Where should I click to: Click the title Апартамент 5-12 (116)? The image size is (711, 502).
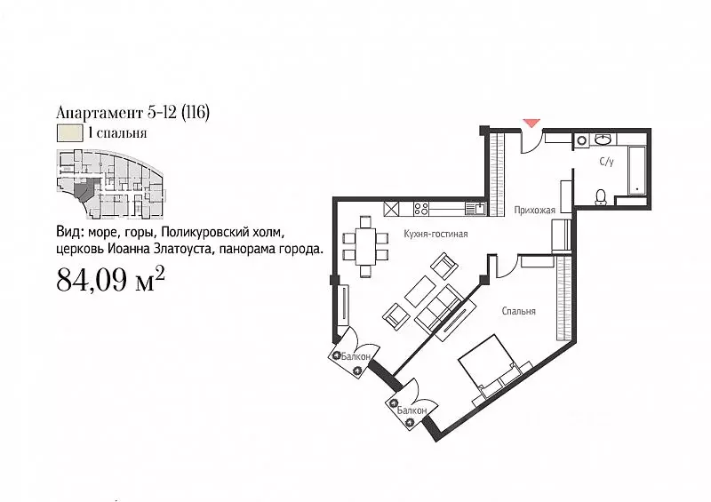click(132, 113)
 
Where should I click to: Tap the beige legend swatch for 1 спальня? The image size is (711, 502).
click(68, 134)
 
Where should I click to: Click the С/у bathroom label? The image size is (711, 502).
click(606, 162)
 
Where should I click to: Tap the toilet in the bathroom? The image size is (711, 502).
click(601, 195)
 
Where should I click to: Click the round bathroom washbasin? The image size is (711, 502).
click(603, 139)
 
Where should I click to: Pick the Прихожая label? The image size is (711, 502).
click(535, 211)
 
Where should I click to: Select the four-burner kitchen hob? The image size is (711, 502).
click(421, 209)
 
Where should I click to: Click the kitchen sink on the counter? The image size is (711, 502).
click(476, 209)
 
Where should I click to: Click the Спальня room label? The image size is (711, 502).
click(518, 311)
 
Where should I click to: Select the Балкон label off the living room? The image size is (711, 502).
click(358, 353)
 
